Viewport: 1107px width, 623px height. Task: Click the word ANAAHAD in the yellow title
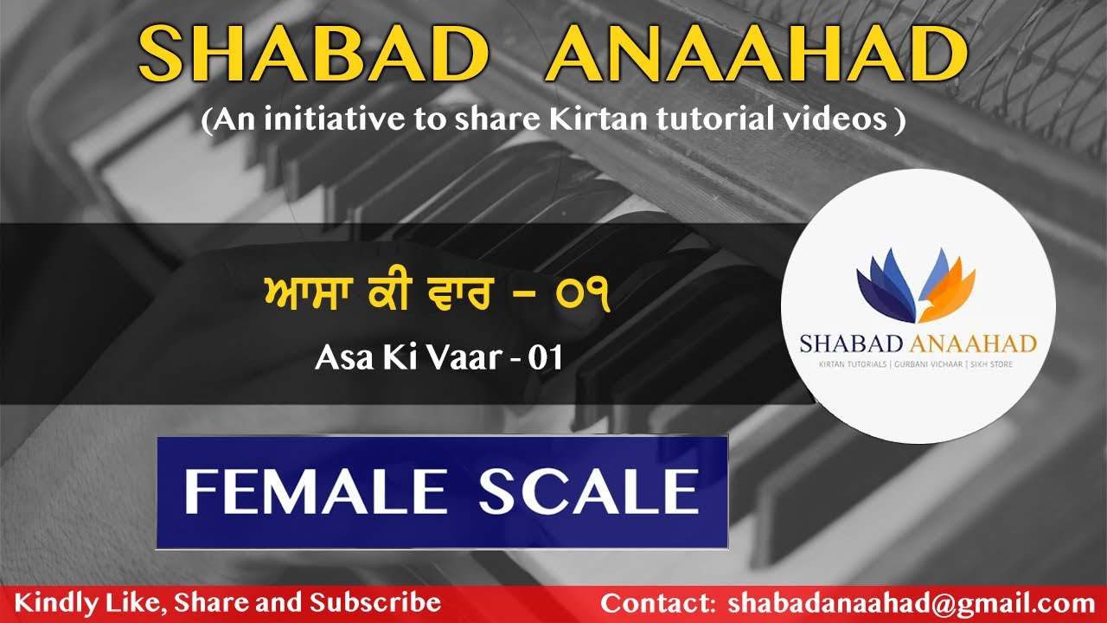point(756,55)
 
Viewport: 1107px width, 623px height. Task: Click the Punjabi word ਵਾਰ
point(469,298)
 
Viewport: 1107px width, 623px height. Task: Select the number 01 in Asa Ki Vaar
point(545,356)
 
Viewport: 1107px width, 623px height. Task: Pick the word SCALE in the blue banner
point(588,491)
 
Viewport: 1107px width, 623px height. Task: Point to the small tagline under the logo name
point(918,365)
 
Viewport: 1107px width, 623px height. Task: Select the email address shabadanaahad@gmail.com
point(912,603)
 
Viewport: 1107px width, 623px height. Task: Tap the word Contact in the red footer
point(653,603)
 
